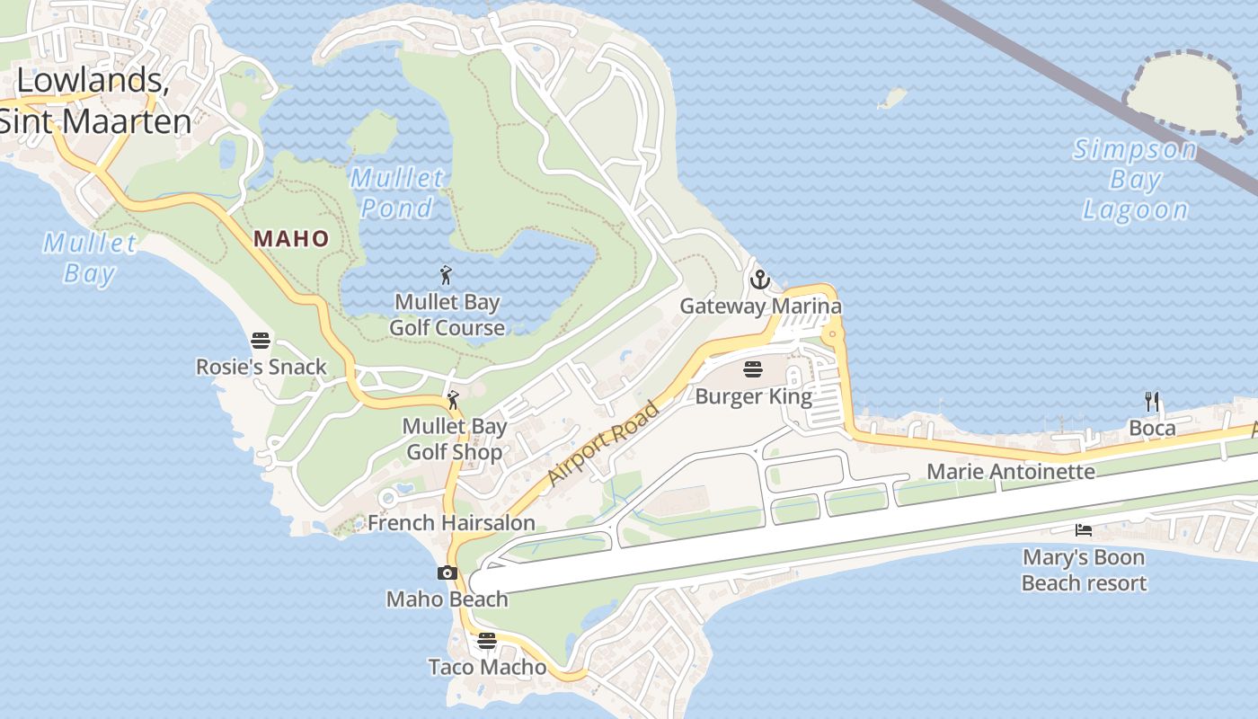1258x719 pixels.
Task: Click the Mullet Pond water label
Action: coord(396,192)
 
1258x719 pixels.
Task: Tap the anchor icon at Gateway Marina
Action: coord(760,280)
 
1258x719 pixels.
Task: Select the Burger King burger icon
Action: coord(753,368)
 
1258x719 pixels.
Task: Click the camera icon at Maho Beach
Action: coord(447,573)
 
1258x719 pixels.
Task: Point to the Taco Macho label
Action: coord(487,667)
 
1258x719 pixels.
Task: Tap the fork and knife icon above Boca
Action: coord(1152,401)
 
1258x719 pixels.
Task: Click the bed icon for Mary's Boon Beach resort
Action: coord(1084,530)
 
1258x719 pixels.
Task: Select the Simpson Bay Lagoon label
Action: coord(1135,180)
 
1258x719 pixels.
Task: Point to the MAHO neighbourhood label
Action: coord(291,239)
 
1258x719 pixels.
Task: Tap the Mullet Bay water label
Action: coord(90,257)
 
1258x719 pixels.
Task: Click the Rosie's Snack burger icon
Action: coord(261,341)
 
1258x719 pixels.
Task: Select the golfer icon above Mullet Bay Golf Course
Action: coord(446,274)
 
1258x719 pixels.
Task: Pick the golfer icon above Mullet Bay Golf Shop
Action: coord(453,400)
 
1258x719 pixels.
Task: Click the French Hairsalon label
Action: coord(451,523)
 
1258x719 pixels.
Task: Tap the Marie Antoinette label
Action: coord(1011,472)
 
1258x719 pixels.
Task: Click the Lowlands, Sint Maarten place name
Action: coord(95,100)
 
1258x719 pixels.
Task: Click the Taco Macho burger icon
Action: coord(486,641)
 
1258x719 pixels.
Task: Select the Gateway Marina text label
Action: coord(760,306)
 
